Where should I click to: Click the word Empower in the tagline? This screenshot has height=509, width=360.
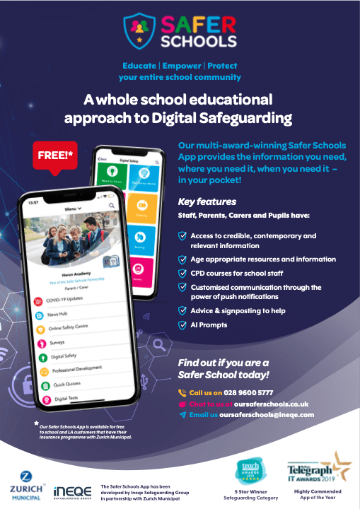point(182,65)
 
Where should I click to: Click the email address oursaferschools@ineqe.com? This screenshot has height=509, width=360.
point(266,415)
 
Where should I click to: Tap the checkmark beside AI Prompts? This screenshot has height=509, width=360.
point(182,324)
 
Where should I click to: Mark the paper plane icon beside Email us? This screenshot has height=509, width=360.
point(182,415)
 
